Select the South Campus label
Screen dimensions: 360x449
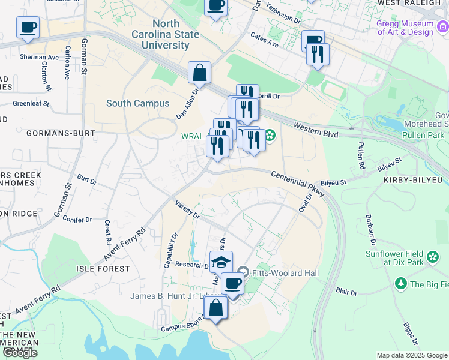coord(138,103)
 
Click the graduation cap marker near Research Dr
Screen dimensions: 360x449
coord(221,262)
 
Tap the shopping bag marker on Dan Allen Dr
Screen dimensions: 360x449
coord(200,73)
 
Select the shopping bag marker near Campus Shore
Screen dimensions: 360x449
coord(215,308)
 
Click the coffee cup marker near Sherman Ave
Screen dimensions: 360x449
coord(28,27)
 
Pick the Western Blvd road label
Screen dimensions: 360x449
coord(315,129)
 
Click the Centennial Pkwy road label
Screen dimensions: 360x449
coord(297,183)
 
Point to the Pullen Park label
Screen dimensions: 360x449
coord(426,136)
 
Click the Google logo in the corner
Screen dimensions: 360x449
coord(20,353)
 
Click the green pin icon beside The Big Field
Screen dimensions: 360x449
coord(400,282)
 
